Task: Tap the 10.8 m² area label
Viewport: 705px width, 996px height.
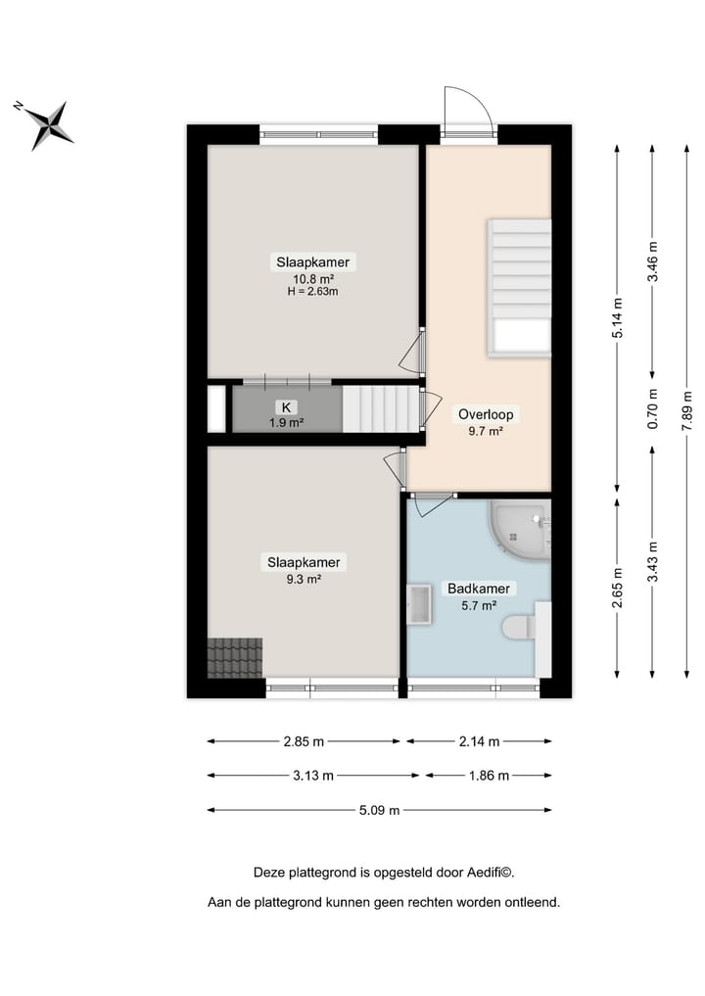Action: tap(312, 278)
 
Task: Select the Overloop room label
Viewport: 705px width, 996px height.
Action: tap(486, 414)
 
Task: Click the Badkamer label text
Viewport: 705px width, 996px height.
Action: tap(479, 589)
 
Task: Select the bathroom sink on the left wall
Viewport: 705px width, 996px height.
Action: tap(419, 603)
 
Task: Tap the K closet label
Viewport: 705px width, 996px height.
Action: tap(287, 407)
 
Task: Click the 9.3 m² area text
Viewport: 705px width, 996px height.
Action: tap(304, 578)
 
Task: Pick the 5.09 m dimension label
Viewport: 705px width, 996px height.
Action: tap(380, 810)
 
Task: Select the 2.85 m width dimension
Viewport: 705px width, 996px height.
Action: tap(304, 741)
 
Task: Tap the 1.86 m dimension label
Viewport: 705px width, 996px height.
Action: tap(487, 776)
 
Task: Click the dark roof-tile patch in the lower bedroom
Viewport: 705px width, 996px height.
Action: tap(235, 656)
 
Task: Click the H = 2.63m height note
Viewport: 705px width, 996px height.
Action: tap(312, 291)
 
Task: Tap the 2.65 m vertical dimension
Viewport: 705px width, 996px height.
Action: tap(618, 589)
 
